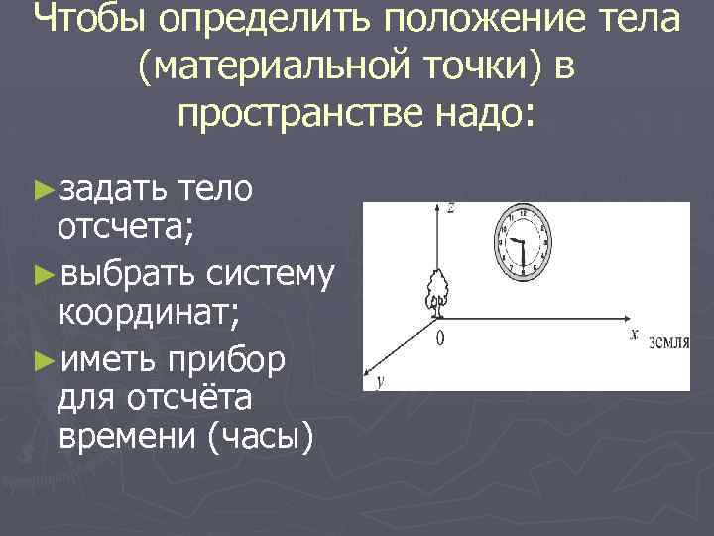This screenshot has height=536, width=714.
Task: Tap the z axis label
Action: [x=450, y=208]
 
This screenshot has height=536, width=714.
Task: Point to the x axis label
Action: [x=633, y=335]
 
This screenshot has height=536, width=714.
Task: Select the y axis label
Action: [x=382, y=381]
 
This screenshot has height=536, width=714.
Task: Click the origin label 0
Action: [x=439, y=338]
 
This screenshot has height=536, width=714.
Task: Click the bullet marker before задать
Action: [x=42, y=189]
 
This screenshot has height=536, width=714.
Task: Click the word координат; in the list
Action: [x=149, y=314]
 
